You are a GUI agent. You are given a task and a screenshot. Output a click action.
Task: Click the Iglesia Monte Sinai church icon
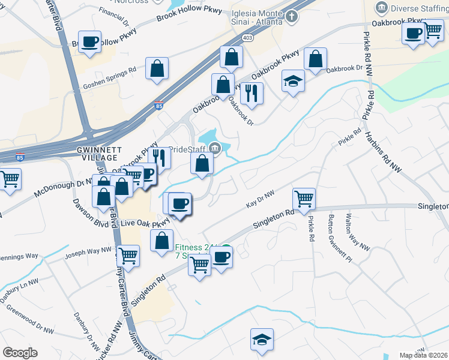pos(291,16)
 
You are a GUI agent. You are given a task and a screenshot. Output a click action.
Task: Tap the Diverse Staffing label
pos(418,8)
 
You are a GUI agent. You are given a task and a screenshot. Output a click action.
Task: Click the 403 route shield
pos(247,37)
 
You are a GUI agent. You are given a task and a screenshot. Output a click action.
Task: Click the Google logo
pos(20,353)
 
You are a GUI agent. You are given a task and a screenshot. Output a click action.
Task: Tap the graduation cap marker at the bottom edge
pos(262,340)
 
